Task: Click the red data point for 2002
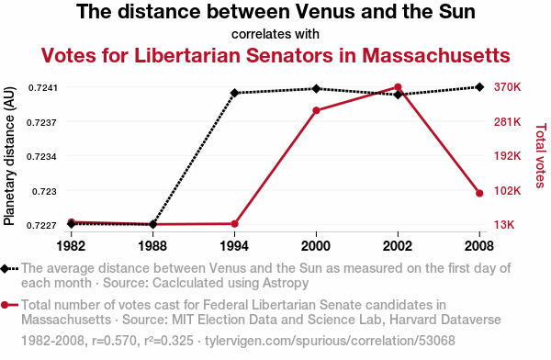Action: [398, 87]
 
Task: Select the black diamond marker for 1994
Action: [235, 93]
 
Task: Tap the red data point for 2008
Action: [479, 193]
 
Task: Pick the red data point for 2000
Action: [316, 111]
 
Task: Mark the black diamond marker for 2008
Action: [479, 87]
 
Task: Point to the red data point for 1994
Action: [235, 223]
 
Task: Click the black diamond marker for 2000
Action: [316, 88]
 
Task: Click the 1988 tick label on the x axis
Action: [152, 246]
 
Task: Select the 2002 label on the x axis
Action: [398, 246]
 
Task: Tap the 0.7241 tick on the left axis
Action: [42, 87]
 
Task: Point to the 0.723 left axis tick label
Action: [44, 192]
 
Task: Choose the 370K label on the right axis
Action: [507, 87]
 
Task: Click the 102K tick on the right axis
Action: [507, 191]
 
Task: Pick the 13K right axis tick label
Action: [504, 224]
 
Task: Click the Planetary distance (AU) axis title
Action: [9, 156]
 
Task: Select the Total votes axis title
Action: [541, 155]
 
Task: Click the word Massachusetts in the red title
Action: [435, 55]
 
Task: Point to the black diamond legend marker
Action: [5, 269]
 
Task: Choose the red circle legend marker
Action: [5, 305]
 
